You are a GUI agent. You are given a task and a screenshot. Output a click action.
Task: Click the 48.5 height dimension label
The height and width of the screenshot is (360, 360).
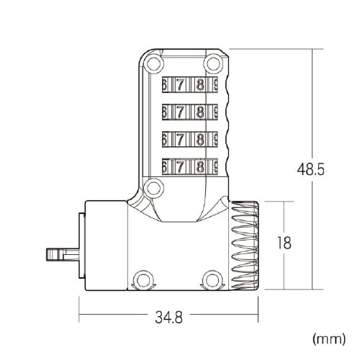pos(310,169)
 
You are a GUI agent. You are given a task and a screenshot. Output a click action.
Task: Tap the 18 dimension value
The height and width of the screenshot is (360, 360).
pos(284,243)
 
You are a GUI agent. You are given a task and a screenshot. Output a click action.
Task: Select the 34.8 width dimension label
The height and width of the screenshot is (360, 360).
pos(168,317)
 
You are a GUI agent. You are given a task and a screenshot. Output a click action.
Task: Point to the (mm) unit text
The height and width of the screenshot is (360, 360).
pos(329,339)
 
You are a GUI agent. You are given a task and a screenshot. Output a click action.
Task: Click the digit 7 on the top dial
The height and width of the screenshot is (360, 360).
pos(180,84)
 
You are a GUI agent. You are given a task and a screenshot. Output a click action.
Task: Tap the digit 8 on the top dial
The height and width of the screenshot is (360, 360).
pos(199,84)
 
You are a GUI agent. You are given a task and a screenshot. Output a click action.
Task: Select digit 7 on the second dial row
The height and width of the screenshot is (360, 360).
pos(180,112)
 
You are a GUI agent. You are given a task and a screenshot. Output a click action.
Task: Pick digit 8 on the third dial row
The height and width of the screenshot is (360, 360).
pos(199,140)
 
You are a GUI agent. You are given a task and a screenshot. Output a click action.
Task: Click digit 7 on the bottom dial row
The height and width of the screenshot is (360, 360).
pos(180,167)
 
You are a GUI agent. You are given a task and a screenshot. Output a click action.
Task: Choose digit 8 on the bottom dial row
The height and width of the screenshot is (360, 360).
pos(199,167)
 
